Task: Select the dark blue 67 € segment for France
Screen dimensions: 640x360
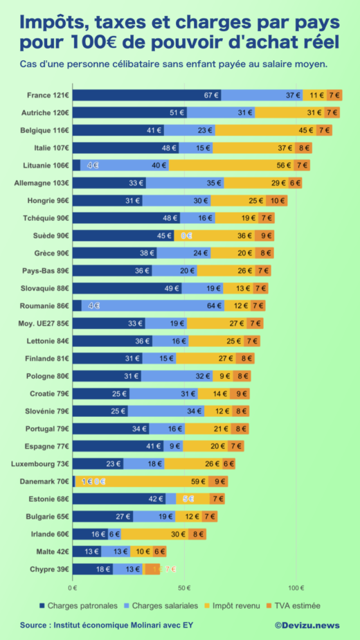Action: coord(147,95)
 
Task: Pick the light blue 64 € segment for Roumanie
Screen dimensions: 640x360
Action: coord(153,305)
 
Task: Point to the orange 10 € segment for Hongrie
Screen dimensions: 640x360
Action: coord(277,200)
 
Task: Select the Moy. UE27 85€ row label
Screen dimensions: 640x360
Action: coord(43,323)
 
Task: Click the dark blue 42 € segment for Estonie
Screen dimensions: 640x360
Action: coord(119,499)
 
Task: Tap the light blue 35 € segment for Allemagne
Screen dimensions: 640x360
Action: coord(185,183)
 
